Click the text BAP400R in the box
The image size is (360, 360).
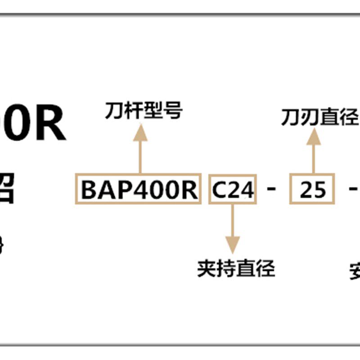coord(138,190)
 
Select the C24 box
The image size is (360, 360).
coord(233,190)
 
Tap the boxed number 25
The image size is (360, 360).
coord(312,190)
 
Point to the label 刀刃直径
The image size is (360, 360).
coord(319,117)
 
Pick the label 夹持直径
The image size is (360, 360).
coord(236,269)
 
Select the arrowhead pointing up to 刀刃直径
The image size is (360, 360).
coord(314,137)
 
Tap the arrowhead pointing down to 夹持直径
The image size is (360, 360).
coord(233,245)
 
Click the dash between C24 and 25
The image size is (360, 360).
coord(271,189)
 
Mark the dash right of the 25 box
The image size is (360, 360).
coord(354,189)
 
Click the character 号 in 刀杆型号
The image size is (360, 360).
coord(173,111)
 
